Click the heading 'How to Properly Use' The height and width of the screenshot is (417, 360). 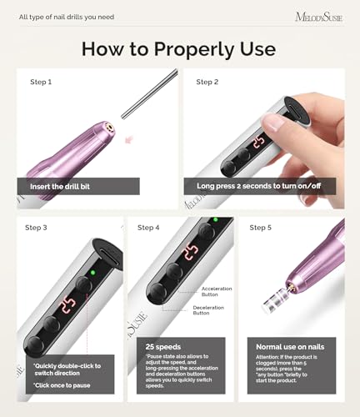coord(180,48)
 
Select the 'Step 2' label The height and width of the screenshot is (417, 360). coord(207,82)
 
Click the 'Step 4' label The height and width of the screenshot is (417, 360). coord(150,227)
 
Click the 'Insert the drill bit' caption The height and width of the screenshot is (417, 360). coord(67,186)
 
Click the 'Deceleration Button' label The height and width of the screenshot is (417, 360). coord(215,309)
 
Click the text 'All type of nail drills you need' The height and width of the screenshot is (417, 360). coord(67,17)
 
